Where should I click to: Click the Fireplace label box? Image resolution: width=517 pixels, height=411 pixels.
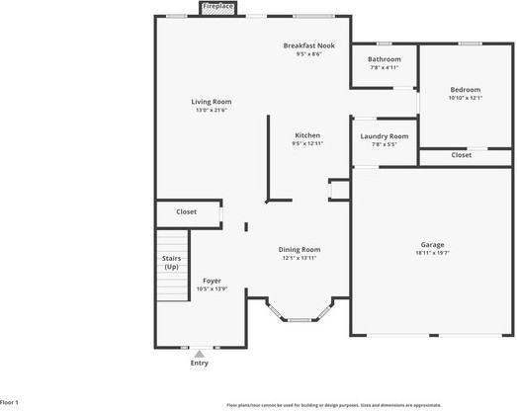[218, 7]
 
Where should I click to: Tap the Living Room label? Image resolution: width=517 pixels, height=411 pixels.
[211, 102]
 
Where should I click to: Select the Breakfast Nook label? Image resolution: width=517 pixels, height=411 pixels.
[307, 45]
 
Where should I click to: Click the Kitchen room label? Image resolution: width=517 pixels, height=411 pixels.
[307, 135]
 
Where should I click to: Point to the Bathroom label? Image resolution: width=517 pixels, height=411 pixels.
[385, 59]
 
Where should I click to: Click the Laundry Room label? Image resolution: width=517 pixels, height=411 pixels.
[385, 136]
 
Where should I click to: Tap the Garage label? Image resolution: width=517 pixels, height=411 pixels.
[432, 244]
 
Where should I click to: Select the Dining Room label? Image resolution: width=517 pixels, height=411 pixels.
[299, 250]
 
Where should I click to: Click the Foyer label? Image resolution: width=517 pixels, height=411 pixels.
[212, 281]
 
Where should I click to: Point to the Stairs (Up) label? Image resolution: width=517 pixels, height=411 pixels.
[171, 263]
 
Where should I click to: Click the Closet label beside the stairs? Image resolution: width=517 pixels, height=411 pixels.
[186, 211]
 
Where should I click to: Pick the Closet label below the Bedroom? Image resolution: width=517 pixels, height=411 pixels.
[461, 155]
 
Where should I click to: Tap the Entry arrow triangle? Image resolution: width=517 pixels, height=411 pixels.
[200, 353]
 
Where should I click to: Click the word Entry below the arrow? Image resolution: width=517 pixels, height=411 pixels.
[200, 364]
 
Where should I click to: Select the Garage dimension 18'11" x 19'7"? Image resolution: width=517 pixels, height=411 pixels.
[432, 253]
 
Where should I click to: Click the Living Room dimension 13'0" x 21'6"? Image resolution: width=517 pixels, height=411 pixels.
[211, 111]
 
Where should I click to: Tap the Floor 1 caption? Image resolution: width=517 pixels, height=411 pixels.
[10, 403]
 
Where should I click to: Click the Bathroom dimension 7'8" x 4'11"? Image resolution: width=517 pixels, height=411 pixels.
[385, 68]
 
